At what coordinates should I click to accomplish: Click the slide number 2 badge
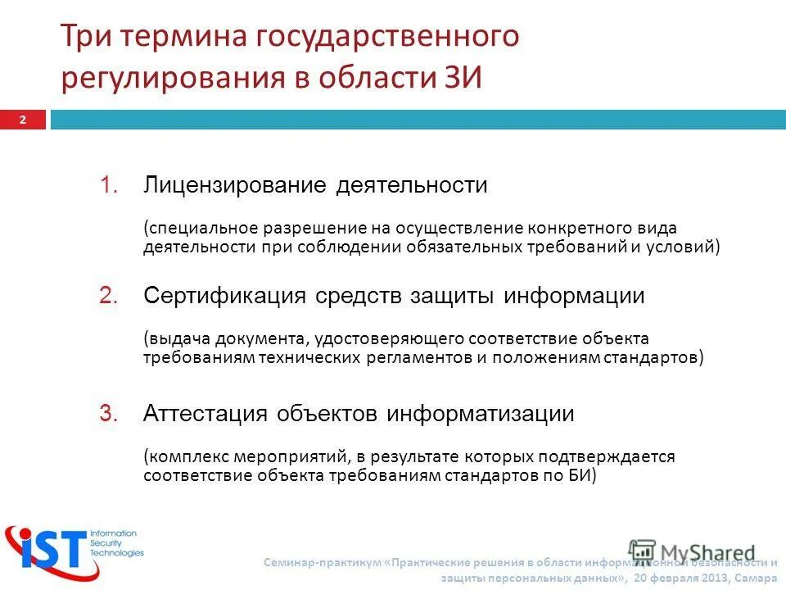[23, 120]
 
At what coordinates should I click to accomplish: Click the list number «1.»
[110, 186]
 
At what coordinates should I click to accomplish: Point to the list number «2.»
[110, 296]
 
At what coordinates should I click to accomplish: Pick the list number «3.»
[110, 414]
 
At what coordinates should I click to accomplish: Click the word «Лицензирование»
[235, 186]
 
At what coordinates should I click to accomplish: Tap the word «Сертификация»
[225, 296]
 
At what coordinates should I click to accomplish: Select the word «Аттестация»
[206, 414]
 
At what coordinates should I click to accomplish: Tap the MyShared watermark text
[707, 551]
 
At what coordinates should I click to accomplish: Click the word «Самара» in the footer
[759, 577]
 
